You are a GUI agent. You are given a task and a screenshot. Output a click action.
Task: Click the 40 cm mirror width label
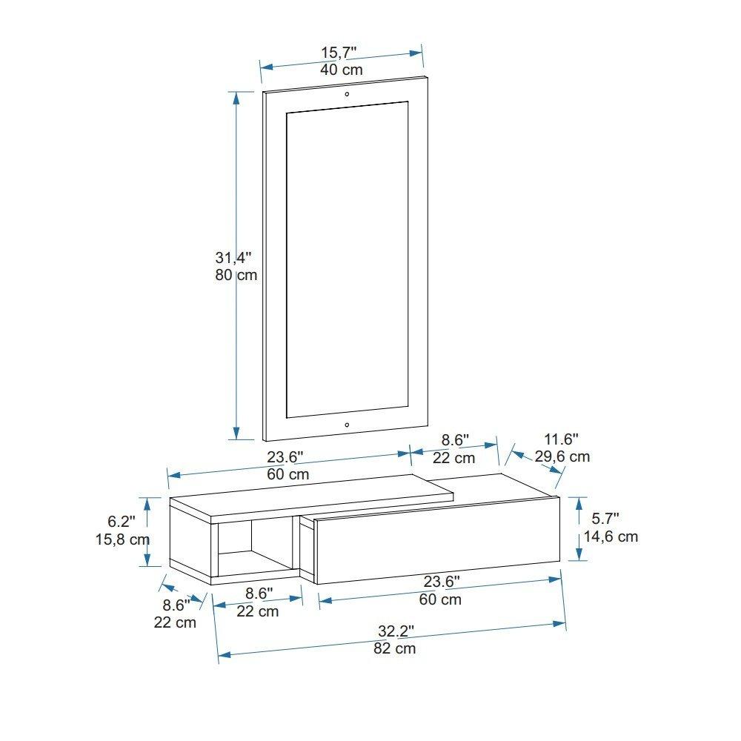341,70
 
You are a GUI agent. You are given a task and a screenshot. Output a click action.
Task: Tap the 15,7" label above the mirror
339,52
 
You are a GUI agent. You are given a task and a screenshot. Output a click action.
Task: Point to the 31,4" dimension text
233,258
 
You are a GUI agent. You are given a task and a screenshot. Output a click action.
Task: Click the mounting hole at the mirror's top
346,94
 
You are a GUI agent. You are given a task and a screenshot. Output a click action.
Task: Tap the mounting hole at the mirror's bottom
347,425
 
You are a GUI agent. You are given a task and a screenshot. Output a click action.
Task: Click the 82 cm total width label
394,649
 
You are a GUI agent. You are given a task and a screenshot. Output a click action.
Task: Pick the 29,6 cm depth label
562,456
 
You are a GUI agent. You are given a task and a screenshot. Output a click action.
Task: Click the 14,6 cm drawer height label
611,536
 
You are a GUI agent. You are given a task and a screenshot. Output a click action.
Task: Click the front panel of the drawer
437,544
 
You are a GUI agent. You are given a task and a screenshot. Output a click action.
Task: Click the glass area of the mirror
346,259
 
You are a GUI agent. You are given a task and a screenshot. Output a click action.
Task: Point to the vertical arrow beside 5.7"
579,529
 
